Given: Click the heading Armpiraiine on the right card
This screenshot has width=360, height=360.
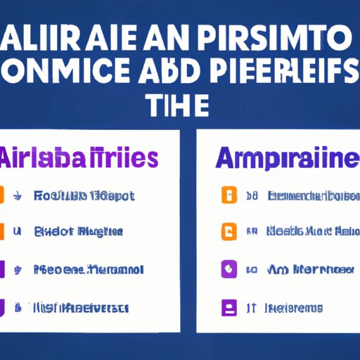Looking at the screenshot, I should (x=276, y=157).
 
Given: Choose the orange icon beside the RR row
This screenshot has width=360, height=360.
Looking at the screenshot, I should (x=227, y=231).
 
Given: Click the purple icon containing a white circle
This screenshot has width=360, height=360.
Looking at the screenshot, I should (x=227, y=269).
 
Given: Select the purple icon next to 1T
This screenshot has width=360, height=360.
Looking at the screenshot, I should (x=227, y=307).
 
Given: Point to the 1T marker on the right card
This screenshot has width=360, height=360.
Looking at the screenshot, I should (x=249, y=307).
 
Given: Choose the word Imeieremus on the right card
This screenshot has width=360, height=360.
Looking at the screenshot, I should (x=295, y=307).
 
